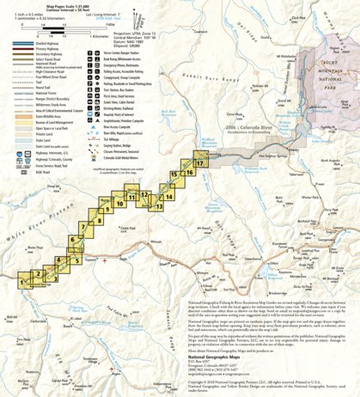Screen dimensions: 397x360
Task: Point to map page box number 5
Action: coord(74,260)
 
